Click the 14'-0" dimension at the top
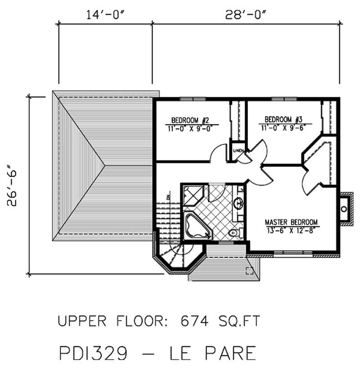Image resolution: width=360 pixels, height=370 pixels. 105,14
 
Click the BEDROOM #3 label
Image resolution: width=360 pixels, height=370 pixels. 283,119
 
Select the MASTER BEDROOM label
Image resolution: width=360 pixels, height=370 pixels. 291,222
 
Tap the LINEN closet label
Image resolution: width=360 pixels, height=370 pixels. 238,150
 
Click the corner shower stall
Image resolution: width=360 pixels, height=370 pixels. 193,195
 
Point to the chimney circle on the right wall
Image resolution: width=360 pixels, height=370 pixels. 344,209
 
